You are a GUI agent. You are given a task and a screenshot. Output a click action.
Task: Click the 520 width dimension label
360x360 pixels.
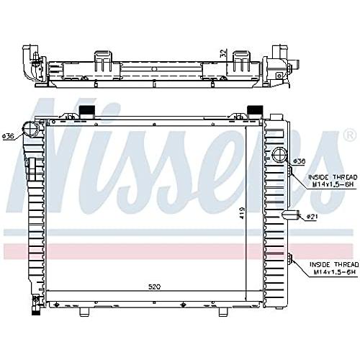coord(154,287)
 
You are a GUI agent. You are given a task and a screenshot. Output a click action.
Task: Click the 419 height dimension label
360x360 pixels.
coord(242,213)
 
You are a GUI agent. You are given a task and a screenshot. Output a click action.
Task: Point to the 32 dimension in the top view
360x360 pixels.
coord(223,53)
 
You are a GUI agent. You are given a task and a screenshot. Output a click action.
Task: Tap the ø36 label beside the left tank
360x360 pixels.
coord(8,136)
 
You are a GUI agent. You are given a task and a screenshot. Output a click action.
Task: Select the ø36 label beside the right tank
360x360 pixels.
coord(299,161)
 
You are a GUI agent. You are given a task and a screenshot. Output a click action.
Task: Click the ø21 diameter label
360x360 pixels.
coord(312,217)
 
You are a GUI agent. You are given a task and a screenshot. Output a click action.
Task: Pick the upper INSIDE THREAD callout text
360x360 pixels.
coord(333,181)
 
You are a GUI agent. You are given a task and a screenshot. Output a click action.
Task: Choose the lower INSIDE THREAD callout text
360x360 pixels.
coord(334,268)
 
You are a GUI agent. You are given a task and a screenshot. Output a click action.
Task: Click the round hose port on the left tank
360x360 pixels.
coord(31,130)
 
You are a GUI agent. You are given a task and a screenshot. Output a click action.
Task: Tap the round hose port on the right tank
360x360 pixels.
coord(279,154)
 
